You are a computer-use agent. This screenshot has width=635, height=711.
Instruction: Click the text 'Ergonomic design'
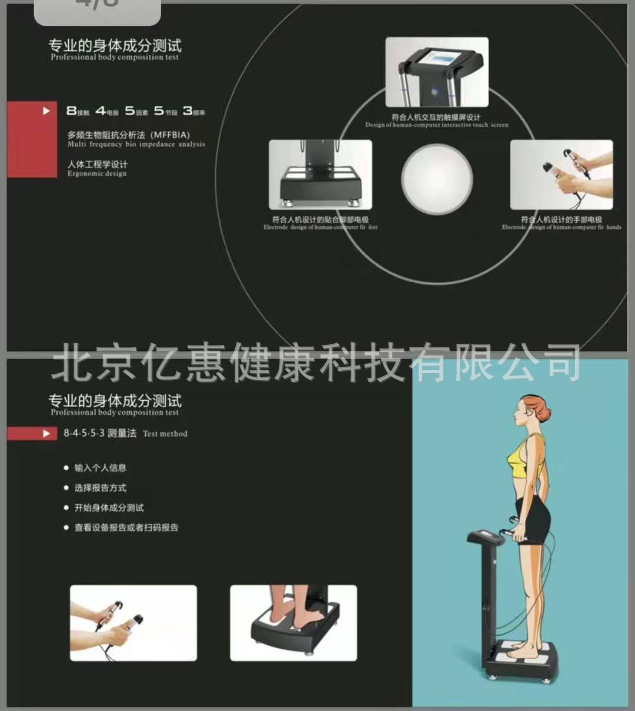coord(96,174)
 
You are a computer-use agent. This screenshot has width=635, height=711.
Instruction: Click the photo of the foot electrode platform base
coord(320,175)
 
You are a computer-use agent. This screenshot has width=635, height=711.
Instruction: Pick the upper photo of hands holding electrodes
coord(561,175)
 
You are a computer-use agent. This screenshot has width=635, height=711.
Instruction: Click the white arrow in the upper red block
coord(46,110)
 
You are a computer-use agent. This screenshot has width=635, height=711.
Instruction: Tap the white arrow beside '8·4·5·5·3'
coord(46,434)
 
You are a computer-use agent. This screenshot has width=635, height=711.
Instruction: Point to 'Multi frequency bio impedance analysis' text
coord(136,144)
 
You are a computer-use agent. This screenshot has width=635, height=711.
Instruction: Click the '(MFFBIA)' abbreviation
coord(171,135)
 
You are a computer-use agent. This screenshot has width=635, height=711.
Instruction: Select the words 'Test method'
coord(165,434)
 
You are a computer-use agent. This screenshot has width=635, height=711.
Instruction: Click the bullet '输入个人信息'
coord(100,468)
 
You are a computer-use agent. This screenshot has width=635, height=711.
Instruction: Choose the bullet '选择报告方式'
coord(100,488)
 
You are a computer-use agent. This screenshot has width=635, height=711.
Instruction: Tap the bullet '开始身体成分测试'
coord(109,508)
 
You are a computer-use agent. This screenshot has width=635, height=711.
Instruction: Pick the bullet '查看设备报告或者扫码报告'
coord(126,528)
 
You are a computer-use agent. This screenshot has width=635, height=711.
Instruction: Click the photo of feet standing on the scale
coord(293,623)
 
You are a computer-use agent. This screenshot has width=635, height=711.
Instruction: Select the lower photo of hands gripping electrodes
coord(133,623)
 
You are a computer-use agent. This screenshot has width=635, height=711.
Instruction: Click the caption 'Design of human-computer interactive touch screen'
coord(436,125)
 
